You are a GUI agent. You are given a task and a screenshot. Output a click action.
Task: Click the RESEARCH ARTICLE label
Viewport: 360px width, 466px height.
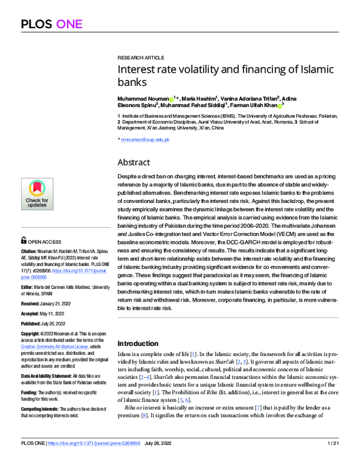click(140, 56)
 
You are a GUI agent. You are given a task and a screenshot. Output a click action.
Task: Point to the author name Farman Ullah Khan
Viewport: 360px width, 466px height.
click(253, 105)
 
